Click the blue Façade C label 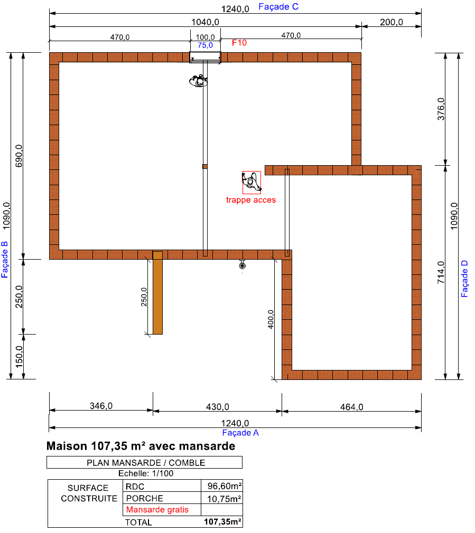pyautogui.click(x=278, y=7)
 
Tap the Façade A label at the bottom pyautogui.click(x=240, y=433)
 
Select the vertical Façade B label pyautogui.click(x=4, y=259)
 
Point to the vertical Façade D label pyautogui.click(x=464, y=279)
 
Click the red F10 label pyautogui.click(x=239, y=43)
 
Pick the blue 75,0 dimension pyautogui.click(x=205, y=45)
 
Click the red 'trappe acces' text pyautogui.click(x=251, y=200)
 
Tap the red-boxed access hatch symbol pyautogui.click(x=252, y=183)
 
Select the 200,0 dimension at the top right pyautogui.click(x=392, y=23)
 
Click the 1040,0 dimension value pyautogui.click(x=205, y=23)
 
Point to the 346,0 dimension pyautogui.click(x=101, y=406)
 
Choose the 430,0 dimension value pyautogui.click(x=218, y=407)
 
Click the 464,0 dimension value pyautogui.click(x=352, y=407)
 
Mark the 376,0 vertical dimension pyautogui.click(x=441, y=109)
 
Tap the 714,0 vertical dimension pyautogui.click(x=441, y=273)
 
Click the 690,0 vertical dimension pyautogui.click(x=19, y=156)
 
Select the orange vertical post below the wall pyautogui.click(x=157, y=293)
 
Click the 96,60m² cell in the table pyautogui.click(x=225, y=486)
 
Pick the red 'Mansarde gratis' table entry pyautogui.click(x=157, y=510)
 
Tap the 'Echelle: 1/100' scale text pyautogui.click(x=146, y=473)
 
